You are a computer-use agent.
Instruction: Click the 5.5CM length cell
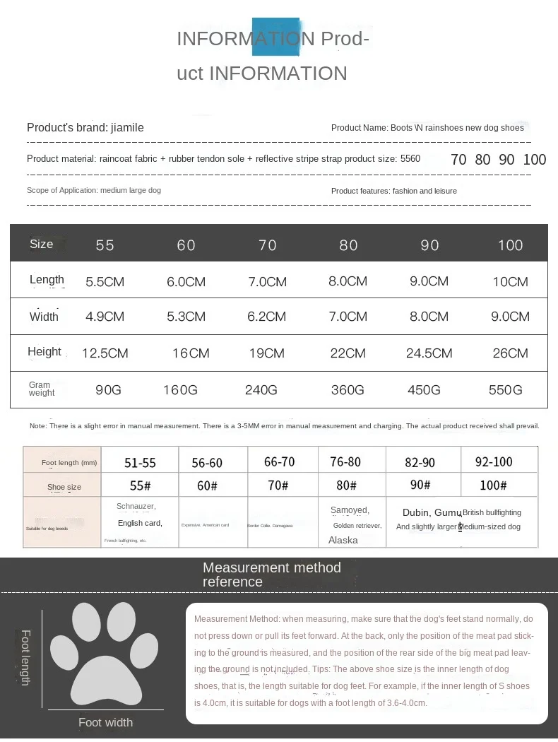coord(105,282)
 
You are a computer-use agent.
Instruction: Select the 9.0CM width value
coord(510,317)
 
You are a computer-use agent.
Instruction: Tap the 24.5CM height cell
coord(429,353)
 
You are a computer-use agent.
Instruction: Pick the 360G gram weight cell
coord(348,390)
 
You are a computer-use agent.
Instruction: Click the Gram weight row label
coord(41,389)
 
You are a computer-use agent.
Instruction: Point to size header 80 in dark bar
coord(348,245)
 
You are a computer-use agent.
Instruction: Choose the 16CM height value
coord(191,353)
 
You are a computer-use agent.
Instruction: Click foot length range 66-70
coord(279,462)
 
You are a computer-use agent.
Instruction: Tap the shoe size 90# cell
coord(420,485)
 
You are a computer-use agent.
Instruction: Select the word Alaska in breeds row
coord(343,540)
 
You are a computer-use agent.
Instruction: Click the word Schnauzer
coord(136,506)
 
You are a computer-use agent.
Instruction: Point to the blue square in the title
coord(275,37)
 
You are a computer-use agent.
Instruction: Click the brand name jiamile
coord(127,128)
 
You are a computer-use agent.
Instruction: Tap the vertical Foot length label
coord(25,657)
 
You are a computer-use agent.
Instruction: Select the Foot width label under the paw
coord(105,722)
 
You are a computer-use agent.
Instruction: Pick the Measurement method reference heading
coord(271,575)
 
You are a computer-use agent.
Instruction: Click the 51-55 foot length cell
coord(140,463)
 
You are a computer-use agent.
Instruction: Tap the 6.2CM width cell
coord(266,317)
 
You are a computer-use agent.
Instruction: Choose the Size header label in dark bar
coord(41,245)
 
